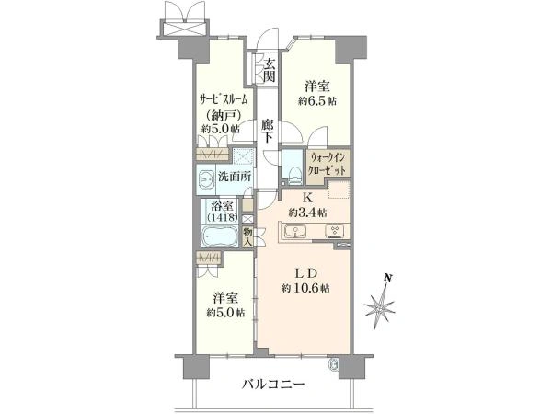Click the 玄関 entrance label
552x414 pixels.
pyautogui.click(x=270, y=70)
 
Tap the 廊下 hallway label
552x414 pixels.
pyautogui.click(x=268, y=131)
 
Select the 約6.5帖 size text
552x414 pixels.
pyautogui.click(x=317, y=101)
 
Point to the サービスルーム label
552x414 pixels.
pyautogui.click(x=224, y=99)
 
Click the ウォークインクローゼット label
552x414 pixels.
pyautogui.click(x=328, y=164)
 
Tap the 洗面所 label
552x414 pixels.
pyautogui.click(x=235, y=176)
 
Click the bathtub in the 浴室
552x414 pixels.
pyautogui.click(x=219, y=237)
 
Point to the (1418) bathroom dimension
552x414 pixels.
pyautogui.click(x=222, y=217)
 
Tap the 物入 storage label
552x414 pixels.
pyautogui.click(x=247, y=237)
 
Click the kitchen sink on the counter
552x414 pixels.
pyautogui.click(x=295, y=231)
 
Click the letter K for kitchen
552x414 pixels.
pyautogui.click(x=307, y=198)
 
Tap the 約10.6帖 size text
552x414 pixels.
pyautogui.click(x=305, y=289)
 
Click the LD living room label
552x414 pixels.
pyautogui.click(x=306, y=273)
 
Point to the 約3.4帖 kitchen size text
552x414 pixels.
pyautogui.click(x=307, y=213)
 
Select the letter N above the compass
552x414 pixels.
pyautogui.click(x=388, y=278)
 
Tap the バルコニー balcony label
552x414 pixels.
pyautogui.click(x=273, y=385)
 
